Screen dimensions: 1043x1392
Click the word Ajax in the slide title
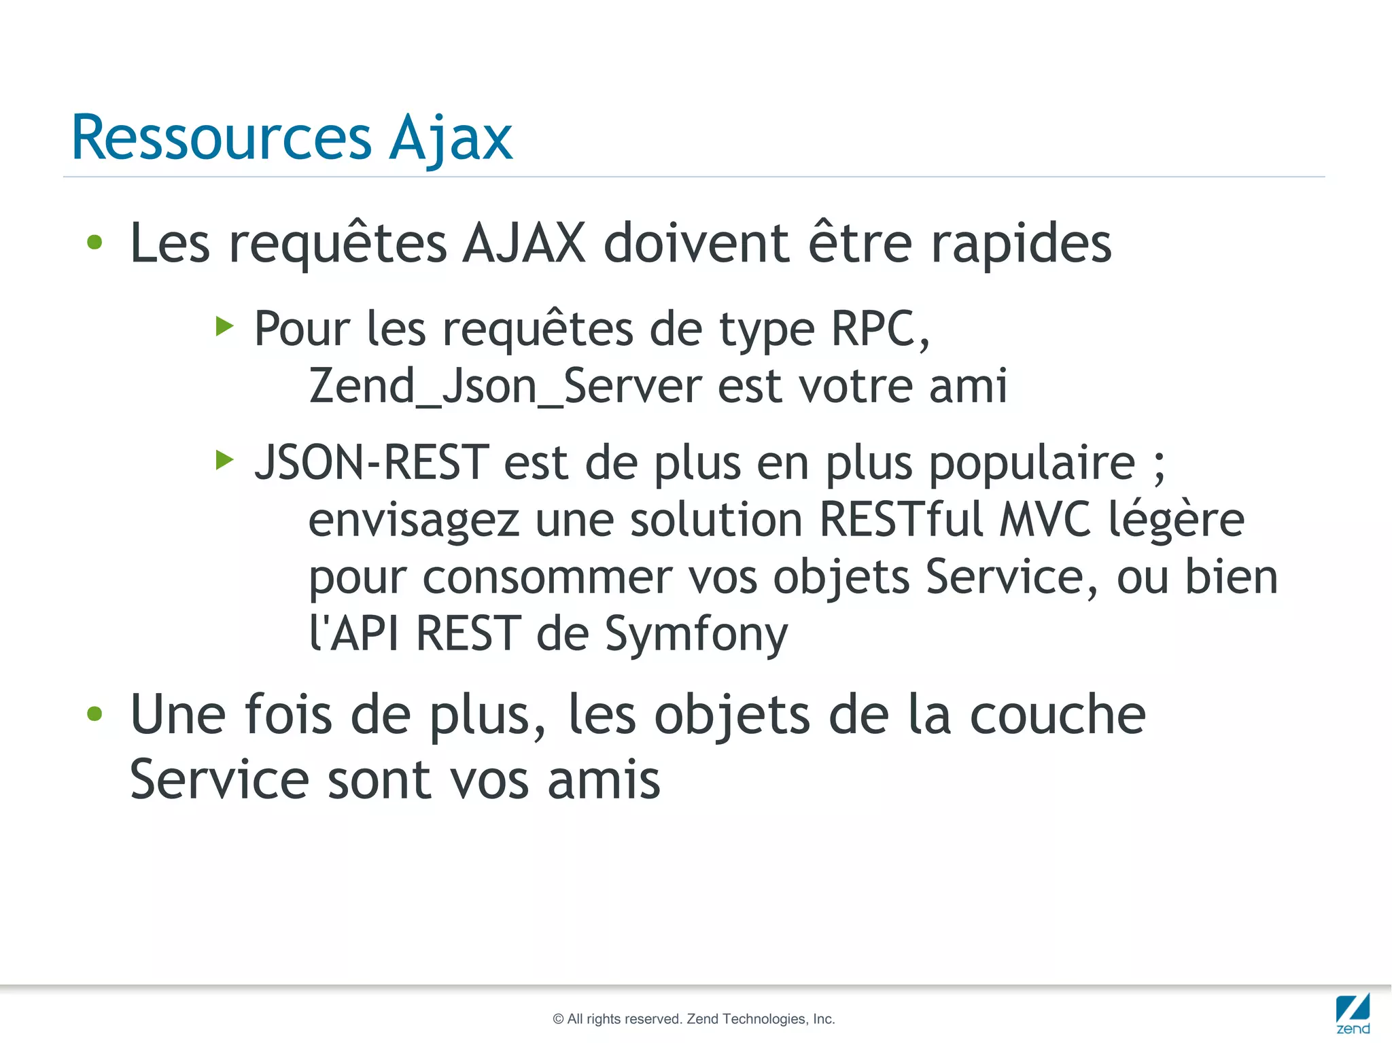[451, 139]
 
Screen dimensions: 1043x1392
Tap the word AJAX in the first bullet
[523, 243]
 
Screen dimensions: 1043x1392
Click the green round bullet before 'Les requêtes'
[94, 242]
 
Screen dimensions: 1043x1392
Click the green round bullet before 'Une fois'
[94, 713]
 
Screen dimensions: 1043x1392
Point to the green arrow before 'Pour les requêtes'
[224, 326]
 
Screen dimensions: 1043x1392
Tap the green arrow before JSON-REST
[224, 460]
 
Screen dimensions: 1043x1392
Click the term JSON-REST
[372, 462]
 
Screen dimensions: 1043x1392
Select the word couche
[1058, 715]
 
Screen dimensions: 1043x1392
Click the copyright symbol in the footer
[558, 1019]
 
